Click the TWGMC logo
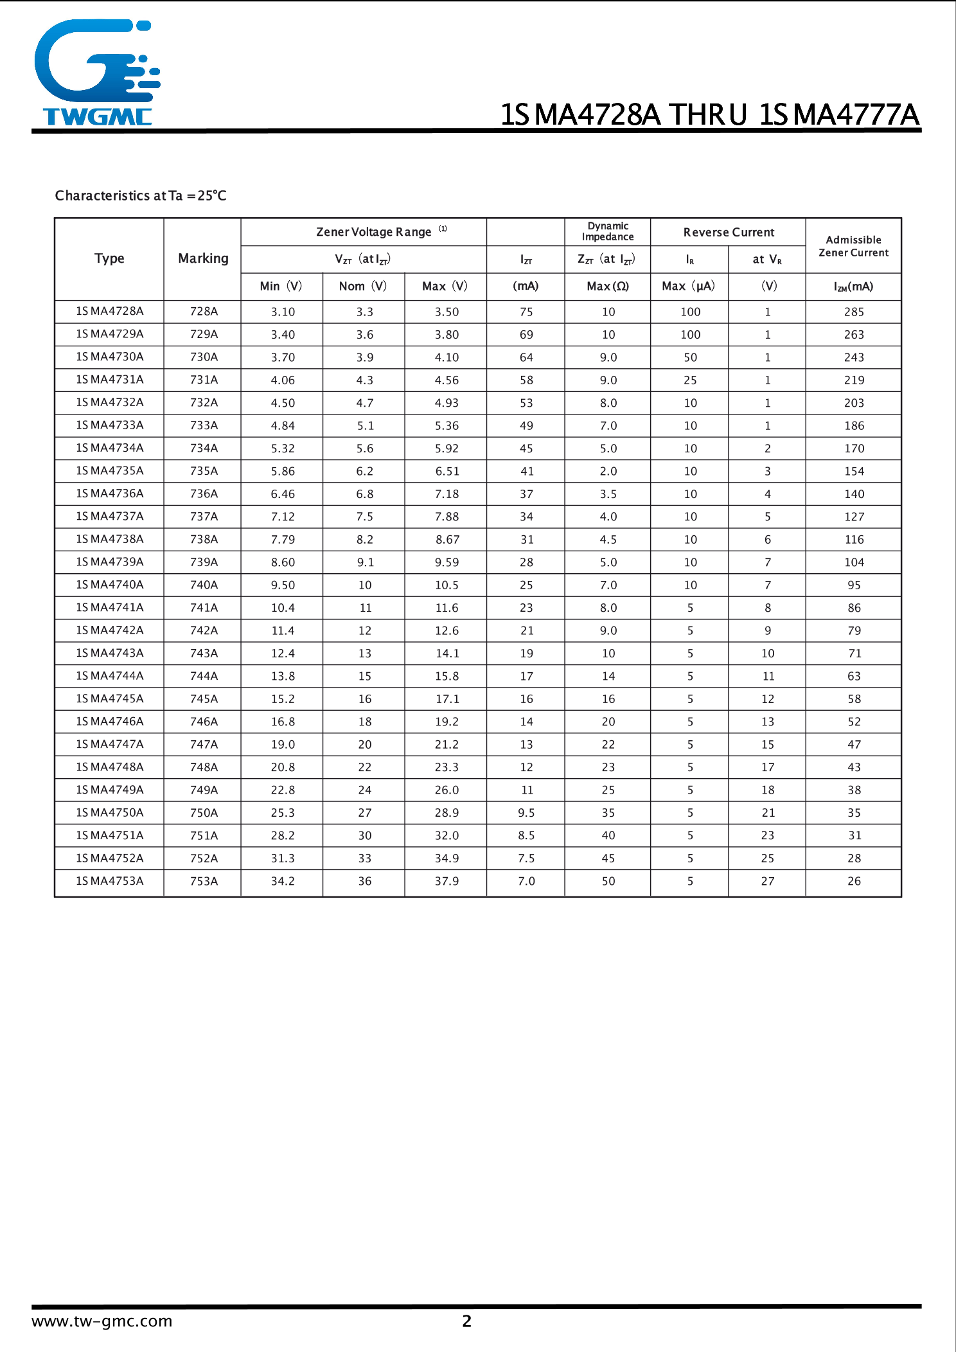coord(96,72)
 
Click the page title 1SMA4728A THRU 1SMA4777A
coord(709,114)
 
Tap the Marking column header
coord(203,258)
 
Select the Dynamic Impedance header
coord(608,231)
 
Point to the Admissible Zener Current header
coord(853,246)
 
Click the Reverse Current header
coord(729,232)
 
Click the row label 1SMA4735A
coord(109,471)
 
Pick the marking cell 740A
coord(204,585)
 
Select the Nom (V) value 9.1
coord(365,562)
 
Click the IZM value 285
coord(854,312)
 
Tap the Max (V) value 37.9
coord(447,881)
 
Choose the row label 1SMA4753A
coord(109,881)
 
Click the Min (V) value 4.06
coord(283,380)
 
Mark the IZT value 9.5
coord(526,813)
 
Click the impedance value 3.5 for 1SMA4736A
coord(608,494)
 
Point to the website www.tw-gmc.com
coord(102,1321)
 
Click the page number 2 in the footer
coord(467,1321)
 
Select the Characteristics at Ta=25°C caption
coord(141,195)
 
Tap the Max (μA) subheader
coord(688,286)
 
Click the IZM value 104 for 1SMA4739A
coord(854,562)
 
